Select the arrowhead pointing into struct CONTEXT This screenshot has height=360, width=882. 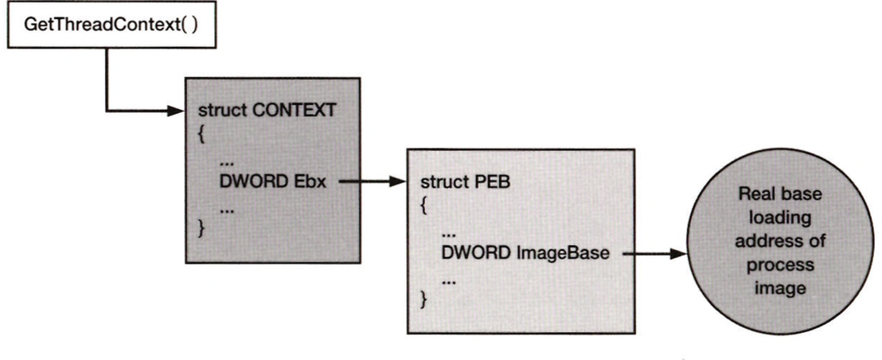(x=178, y=111)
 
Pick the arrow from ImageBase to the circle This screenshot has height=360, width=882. (x=654, y=254)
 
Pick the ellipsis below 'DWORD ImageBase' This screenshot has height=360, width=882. (x=449, y=280)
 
